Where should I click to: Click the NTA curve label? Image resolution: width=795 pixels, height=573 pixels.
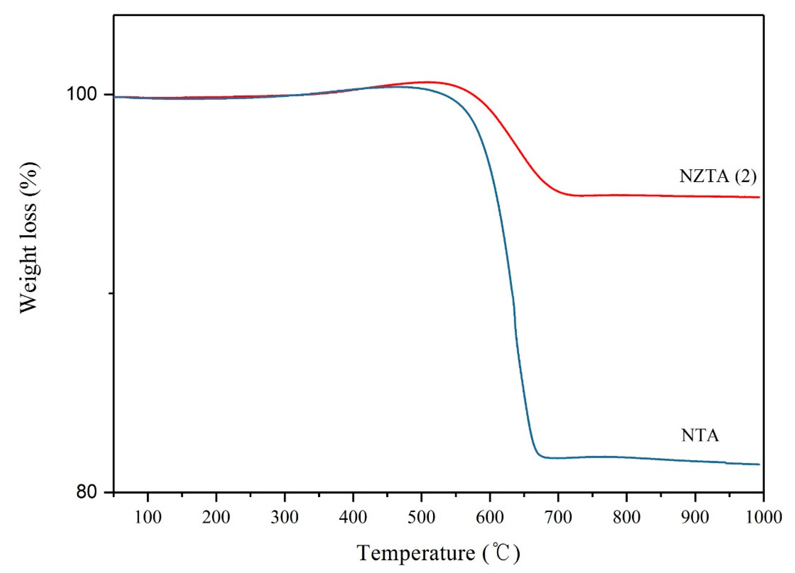coord(700,436)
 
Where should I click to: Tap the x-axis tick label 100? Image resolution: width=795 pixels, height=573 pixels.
coord(148,517)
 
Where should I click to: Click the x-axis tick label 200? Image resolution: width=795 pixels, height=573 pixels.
coord(216,517)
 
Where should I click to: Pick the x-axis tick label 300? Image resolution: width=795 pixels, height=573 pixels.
coord(285,517)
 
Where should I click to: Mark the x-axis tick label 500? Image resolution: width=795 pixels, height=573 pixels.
coord(421,517)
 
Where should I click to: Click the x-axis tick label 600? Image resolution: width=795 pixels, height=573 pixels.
coord(490,517)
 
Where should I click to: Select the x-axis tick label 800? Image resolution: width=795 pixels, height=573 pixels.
coord(626,517)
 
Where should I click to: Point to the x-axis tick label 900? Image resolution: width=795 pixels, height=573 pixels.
coord(695,517)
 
